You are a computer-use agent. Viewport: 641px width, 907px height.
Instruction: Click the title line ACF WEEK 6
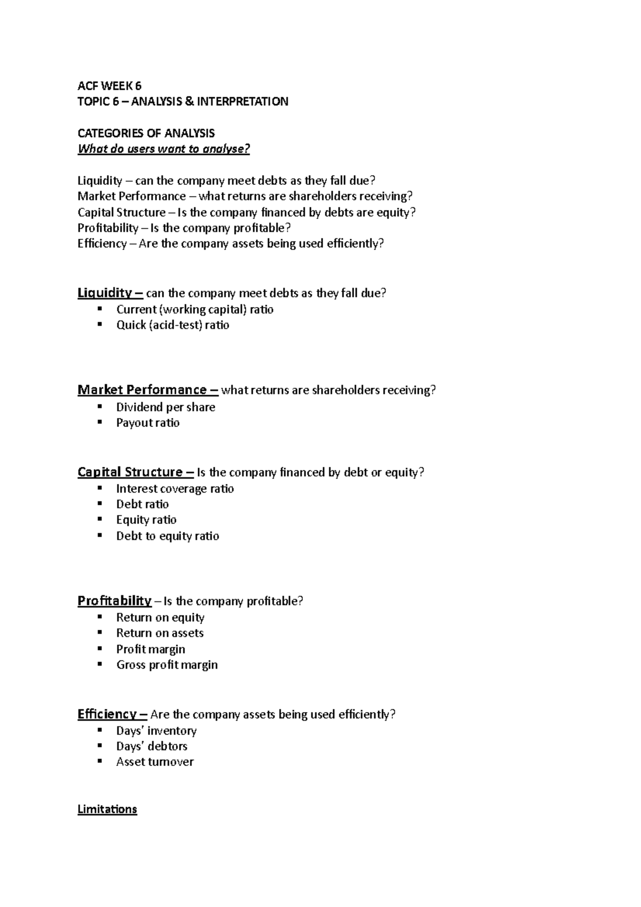click(x=109, y=85)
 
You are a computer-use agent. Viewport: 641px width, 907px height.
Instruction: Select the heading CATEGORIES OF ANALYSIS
click(x=146, y=133)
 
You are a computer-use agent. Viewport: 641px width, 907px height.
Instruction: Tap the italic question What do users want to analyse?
click(x=163, y=149)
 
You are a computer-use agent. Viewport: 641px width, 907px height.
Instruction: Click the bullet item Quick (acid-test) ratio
click(x=173, y=325)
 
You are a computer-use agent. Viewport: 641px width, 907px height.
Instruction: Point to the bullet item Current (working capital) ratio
click(x=194, y=309)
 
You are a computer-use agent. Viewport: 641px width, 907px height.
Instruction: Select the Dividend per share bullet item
click(x=166, y=407)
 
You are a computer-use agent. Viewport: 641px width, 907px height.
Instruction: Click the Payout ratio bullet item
click(x=148, y=423)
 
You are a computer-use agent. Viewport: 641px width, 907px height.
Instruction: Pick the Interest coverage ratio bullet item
click(x=175, y=488)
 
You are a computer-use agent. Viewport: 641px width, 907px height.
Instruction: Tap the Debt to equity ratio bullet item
click(x=167, y=536)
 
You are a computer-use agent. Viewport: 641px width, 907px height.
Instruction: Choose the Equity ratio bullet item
click(x=146, y=520)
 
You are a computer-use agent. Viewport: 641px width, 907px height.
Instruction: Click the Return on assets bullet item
click(x=160, y=633)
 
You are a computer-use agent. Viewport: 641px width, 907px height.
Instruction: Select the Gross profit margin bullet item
click(x=167, y=664)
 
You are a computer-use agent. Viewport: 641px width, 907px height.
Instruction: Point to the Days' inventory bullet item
click(x=156, y=730)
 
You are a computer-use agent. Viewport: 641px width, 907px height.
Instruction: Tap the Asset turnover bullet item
click(x=155, y=762)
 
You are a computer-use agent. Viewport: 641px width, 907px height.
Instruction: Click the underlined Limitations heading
click(x=107, y=809)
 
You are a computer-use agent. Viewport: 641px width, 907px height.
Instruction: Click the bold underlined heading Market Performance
click(x=142, y=390)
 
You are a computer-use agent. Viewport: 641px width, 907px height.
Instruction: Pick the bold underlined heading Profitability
click(x=114, y=601)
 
